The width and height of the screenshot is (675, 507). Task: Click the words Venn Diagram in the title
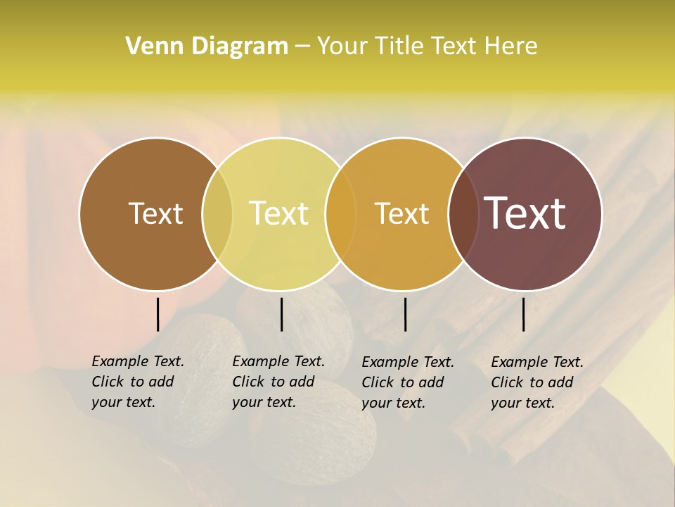coord(207,46)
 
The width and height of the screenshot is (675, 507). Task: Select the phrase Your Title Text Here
coord(427,46)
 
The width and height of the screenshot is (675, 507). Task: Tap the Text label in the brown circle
coord(155,213)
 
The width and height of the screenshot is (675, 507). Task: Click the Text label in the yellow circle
coord(279,213)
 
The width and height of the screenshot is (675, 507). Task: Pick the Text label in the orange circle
coord(402,213)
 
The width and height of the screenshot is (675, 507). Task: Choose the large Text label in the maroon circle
coord(525,213)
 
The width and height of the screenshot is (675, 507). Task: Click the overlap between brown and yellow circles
coord(217,214)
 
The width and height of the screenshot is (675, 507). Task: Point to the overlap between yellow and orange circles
coord(341,214)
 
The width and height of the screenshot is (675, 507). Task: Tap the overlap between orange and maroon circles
coord(462,214)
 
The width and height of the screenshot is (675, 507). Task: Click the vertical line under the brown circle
coord(157,314)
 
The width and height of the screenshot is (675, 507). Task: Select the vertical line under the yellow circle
coord(281,314)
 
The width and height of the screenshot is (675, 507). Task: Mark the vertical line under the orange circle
coord(405,314)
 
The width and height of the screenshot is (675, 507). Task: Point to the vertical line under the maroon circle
coord(523,314)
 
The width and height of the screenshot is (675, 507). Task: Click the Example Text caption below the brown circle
coord(137,382)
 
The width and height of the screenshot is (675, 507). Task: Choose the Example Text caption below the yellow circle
coord(278,382)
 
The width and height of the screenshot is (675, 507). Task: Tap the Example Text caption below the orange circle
coord(407,382)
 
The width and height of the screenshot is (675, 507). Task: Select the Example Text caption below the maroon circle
coord(536,382)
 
